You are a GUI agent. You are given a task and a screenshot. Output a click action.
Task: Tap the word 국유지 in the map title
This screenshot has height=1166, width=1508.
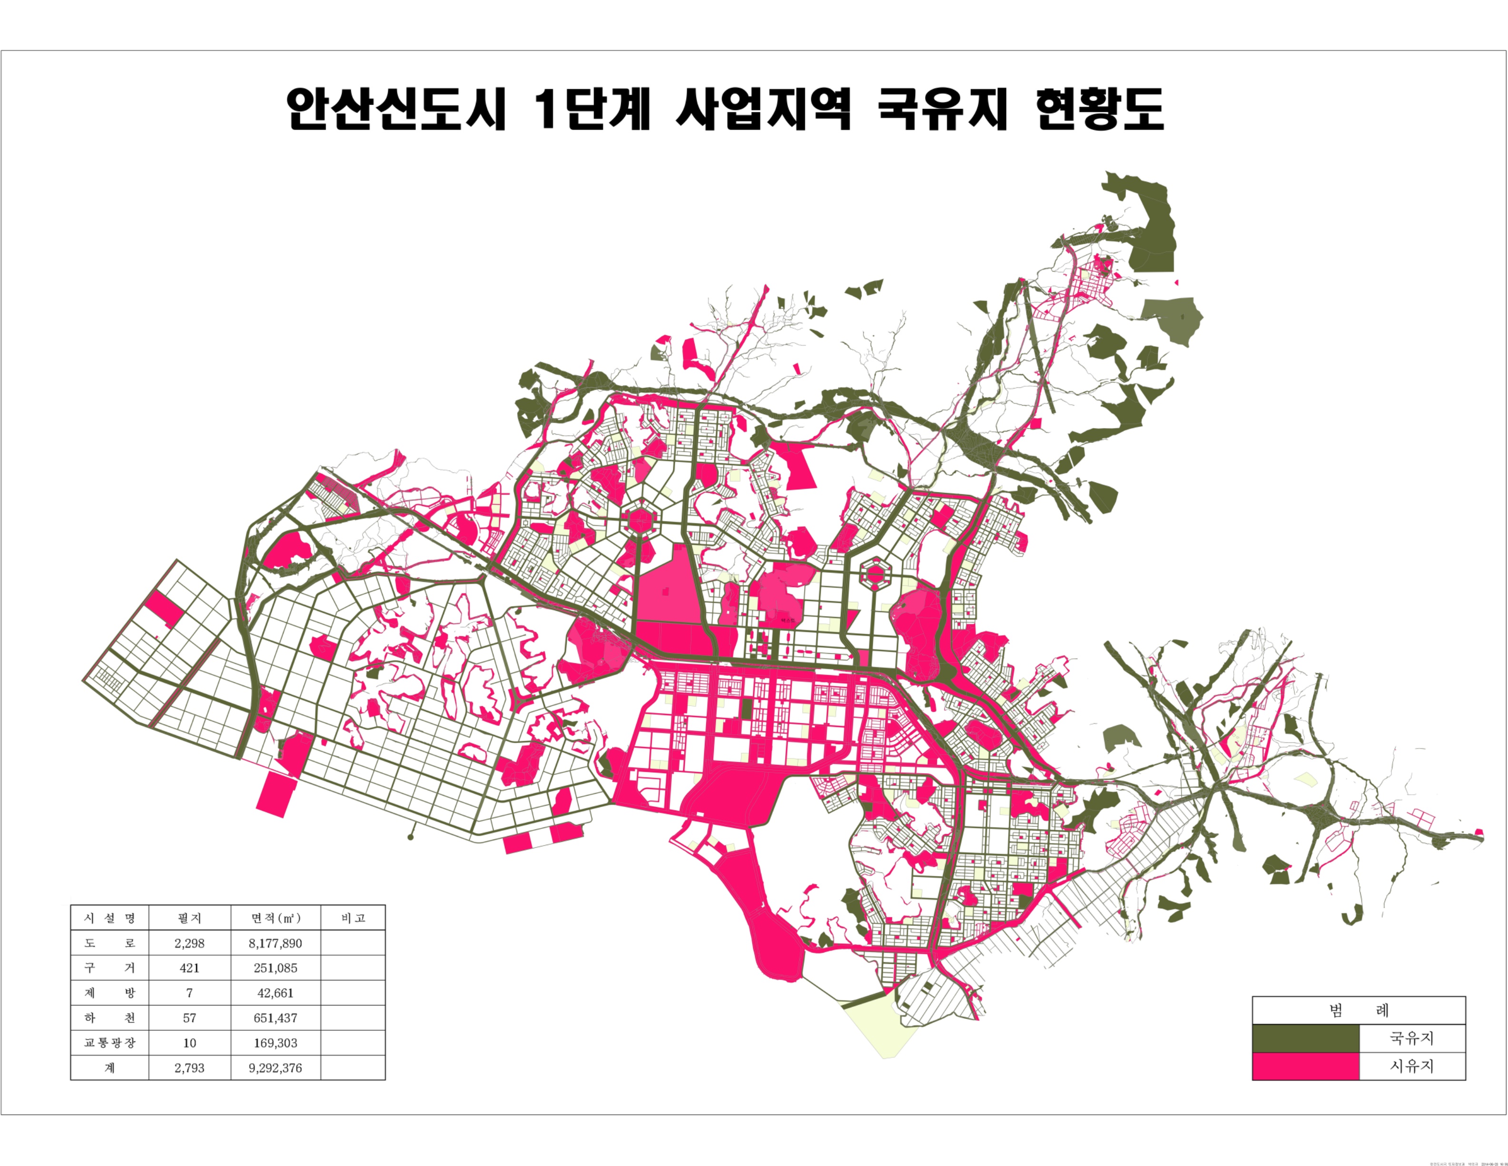[943, 109]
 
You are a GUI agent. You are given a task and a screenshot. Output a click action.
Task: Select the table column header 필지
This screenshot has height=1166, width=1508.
[189, 918]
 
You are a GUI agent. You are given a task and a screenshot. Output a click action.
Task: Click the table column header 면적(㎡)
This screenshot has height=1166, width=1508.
[276, 918]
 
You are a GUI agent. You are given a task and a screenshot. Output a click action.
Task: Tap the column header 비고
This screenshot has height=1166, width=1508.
[353, 918]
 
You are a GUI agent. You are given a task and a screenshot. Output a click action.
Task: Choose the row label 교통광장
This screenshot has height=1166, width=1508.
[110, 1042]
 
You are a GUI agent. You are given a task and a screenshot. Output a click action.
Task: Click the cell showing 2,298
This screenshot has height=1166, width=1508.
[189, 943]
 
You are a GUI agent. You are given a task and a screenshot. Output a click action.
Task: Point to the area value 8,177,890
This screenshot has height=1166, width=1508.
[276, 943]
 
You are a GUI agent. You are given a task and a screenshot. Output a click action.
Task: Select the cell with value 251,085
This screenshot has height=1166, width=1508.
[276, 968]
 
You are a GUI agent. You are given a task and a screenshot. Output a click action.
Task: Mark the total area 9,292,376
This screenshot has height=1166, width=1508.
[276, 1067]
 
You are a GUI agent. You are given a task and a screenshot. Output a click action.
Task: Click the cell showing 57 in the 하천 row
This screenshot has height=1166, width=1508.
[189, 1017]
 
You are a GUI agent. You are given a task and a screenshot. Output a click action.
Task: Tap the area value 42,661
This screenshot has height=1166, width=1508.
[276, 993]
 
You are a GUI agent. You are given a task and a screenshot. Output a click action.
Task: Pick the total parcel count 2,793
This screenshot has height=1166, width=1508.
[189, 1067]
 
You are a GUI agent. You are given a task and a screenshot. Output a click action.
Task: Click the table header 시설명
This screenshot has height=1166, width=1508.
[110, 918]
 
